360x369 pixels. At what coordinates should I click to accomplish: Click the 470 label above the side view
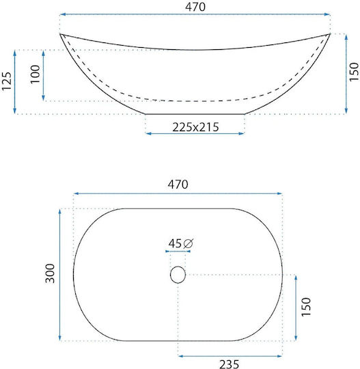195,7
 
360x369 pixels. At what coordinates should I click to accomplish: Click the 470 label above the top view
178,184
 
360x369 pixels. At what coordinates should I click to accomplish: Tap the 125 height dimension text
7,81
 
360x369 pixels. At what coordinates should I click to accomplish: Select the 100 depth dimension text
36,74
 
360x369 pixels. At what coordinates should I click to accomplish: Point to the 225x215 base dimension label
195,127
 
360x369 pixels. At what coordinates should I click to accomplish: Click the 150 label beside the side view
354,72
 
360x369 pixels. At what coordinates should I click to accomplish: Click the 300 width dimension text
50,273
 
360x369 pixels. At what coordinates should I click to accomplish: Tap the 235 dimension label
230,364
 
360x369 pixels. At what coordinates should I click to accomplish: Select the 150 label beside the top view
306,307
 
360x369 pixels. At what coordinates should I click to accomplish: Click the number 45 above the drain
175,243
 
